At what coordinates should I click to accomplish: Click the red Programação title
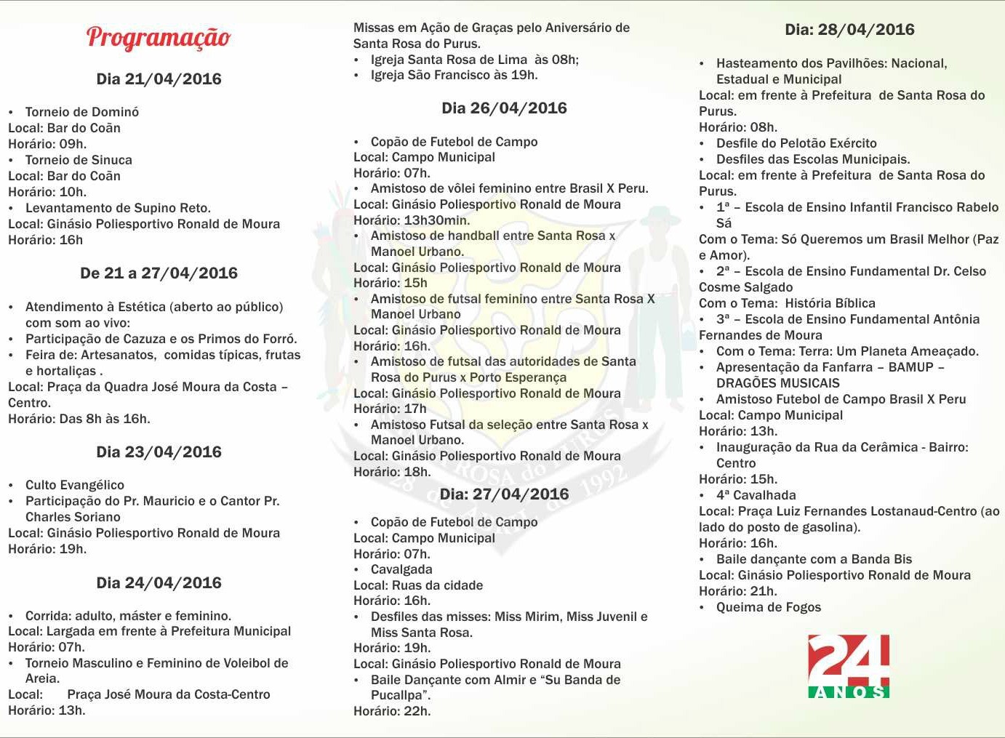click(x=159, y=37)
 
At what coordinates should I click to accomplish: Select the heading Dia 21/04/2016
click(x=159, y=79)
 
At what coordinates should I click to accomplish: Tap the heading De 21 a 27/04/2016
click(x=159, y=273)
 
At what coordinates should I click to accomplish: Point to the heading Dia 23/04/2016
click(x=159, y=452)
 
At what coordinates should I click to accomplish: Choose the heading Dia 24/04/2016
click(x=159, y=583)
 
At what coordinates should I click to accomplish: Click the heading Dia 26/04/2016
click(x=504, y=108)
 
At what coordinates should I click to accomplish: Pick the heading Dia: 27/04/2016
click(x=504, y=494)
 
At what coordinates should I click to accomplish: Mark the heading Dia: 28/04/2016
click(x=849, y=30)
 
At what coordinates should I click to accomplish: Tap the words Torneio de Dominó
click(x=81, y=112)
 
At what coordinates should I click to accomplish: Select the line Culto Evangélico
click(x=74, y=485)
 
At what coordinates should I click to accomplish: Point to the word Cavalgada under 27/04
click(x=401, y=569)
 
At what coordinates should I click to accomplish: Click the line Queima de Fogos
click(x=768, y=607)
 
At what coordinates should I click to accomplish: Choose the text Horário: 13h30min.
click(x=412, y=220)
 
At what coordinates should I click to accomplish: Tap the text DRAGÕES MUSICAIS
click(x=777, y=383)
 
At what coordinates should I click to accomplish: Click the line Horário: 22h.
click(x=392, y=711)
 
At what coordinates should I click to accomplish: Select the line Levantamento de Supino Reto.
click(x=118, y=208)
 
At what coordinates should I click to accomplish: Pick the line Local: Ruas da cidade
click(x=418, y=585)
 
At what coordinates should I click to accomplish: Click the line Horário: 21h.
click(x=737, y=591)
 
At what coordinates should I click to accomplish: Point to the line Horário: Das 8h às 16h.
click(x=79, y=419)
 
